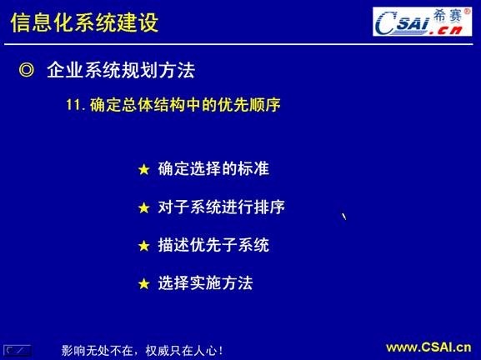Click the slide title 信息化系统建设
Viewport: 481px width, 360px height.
coord(84,22)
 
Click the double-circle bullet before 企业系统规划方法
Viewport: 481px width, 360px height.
coord(27,71)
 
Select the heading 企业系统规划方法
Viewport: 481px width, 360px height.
coord(120,71)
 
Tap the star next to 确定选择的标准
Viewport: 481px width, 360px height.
coord(143,170)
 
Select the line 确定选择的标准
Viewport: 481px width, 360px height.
coord(213,169)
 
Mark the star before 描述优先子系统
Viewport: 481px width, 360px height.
coord(143,247)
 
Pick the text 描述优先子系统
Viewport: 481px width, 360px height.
coord(213,246)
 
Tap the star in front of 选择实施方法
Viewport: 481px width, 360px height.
coord(143,284)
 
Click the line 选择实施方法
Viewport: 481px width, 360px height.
coord(205,283)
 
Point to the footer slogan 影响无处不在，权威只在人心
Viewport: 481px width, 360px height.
coord(143,350)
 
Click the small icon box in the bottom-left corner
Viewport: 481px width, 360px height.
coord(18,350)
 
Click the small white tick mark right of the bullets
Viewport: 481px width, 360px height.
coord(343,217)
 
